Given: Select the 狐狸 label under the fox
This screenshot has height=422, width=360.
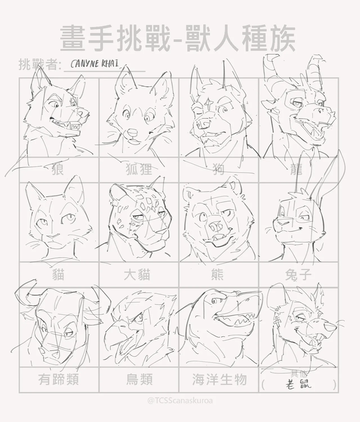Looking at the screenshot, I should (x=139, y=169).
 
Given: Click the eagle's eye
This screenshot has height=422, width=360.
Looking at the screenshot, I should (x=140, y=318).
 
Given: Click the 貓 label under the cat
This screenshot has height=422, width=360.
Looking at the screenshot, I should (x=58, y=275).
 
